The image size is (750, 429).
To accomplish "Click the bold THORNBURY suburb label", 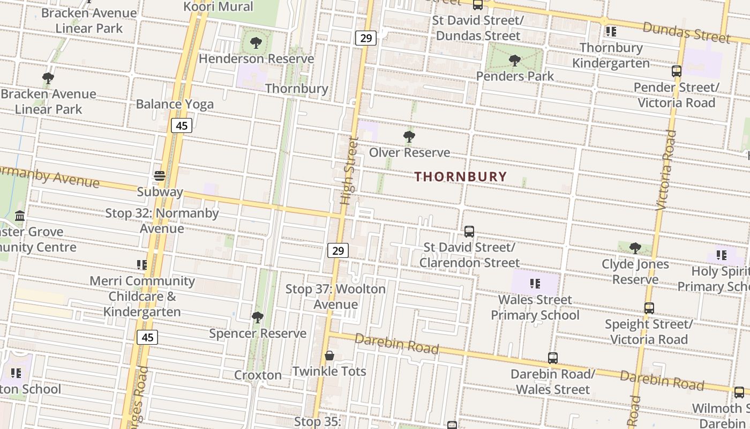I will (x=460, y=176).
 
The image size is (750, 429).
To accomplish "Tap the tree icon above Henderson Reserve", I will (x=256, y=43).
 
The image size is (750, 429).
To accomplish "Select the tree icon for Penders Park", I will (x=515, y=61).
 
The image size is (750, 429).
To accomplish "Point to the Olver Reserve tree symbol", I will (x=409, y=137).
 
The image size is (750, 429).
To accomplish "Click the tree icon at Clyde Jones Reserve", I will (x=635, y=248).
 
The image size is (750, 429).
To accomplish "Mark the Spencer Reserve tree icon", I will (x=258, y=317).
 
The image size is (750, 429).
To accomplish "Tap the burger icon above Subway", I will (x=160, y=176).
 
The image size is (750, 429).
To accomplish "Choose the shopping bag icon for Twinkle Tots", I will (x=329, y=356).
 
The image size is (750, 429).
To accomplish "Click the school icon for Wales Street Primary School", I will (x=535, y=284).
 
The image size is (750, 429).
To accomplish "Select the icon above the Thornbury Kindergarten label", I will (x=611, y=32).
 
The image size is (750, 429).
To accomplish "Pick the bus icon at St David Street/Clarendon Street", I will (x=469, y=232).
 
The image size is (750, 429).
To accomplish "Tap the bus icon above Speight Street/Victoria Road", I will (x=649, y=308).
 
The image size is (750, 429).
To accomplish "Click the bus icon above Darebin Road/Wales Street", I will (x=553, y=358).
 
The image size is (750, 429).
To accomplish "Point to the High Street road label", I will (x=349, y=171).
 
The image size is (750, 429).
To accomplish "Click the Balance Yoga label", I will (x=175, y=104).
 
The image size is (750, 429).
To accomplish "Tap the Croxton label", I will (x=258, y=375).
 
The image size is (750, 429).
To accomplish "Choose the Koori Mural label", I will (x=218, y=6).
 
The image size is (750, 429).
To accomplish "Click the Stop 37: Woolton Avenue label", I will (x=335, y=297).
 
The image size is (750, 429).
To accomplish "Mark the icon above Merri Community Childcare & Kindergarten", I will (x=142, y=265).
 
